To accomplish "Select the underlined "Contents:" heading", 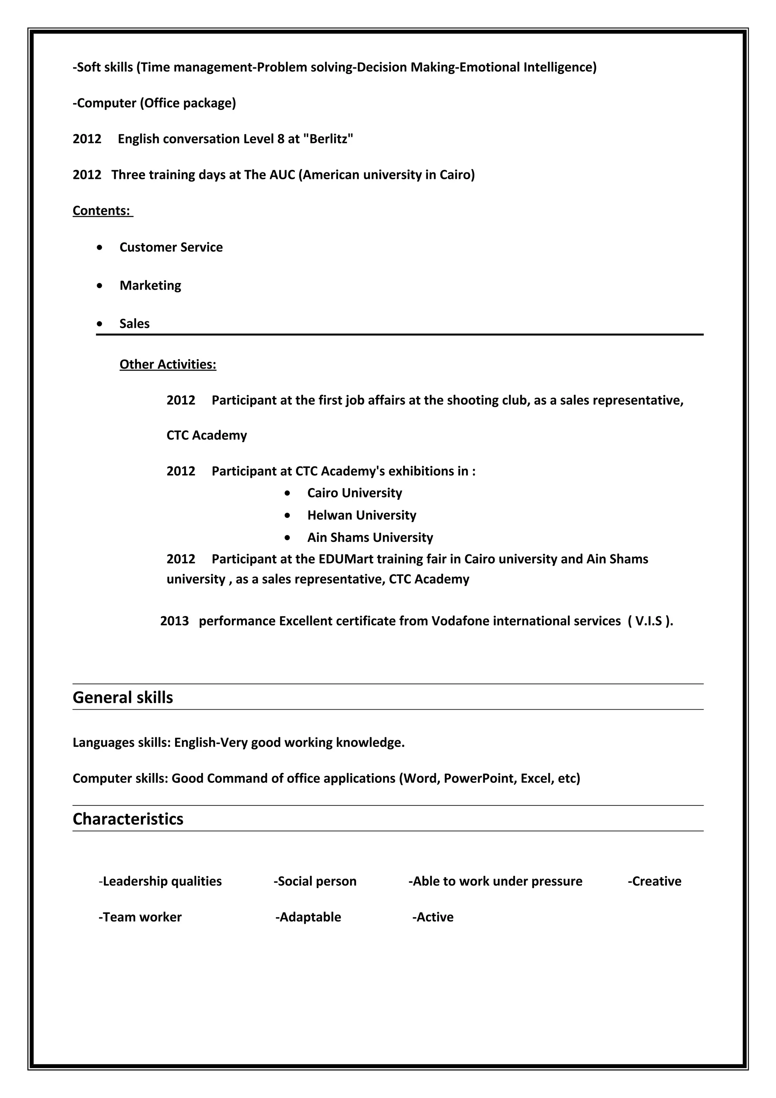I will pos(102,211).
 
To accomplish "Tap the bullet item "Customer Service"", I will pos(171,247).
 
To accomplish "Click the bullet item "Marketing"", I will pos(150,286).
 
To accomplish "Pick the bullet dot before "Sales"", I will pos(99,324).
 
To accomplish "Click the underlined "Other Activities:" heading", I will pos(168,364).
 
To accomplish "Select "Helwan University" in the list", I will pos(361,516).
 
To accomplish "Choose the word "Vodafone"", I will pos(460,621).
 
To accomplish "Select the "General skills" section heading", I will pos(123,698).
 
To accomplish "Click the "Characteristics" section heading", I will pos(128,819).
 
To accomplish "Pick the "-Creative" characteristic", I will pos(654,881).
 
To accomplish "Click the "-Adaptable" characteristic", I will pos(308,917).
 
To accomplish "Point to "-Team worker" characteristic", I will pos(140,917).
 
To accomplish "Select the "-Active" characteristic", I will pos(433,917).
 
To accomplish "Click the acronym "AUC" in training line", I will pos(282,175).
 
